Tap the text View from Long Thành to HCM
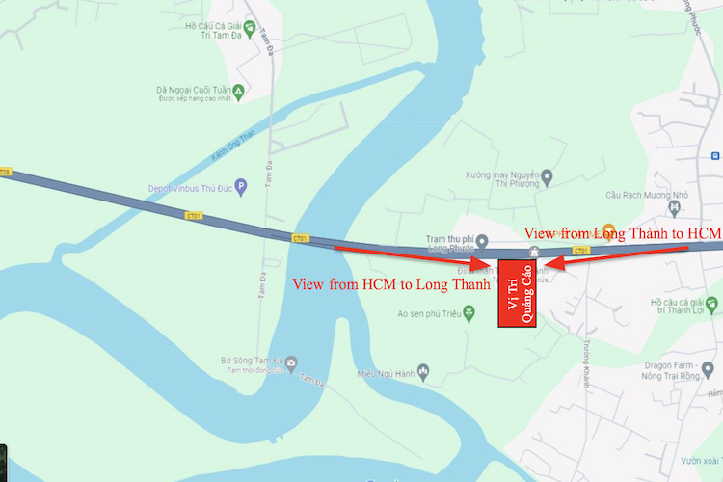pos(621,233)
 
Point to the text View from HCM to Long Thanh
pos(390,284)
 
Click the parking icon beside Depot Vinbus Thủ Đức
pos(241,186)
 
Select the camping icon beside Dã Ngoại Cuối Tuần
pos(238,92)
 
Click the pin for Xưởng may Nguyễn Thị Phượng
pos(548,176)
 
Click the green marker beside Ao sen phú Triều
pos(469,312)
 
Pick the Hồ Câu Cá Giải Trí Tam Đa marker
pos(249,28)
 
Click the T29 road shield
pos(5,171)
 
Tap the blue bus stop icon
pos(715,155)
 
